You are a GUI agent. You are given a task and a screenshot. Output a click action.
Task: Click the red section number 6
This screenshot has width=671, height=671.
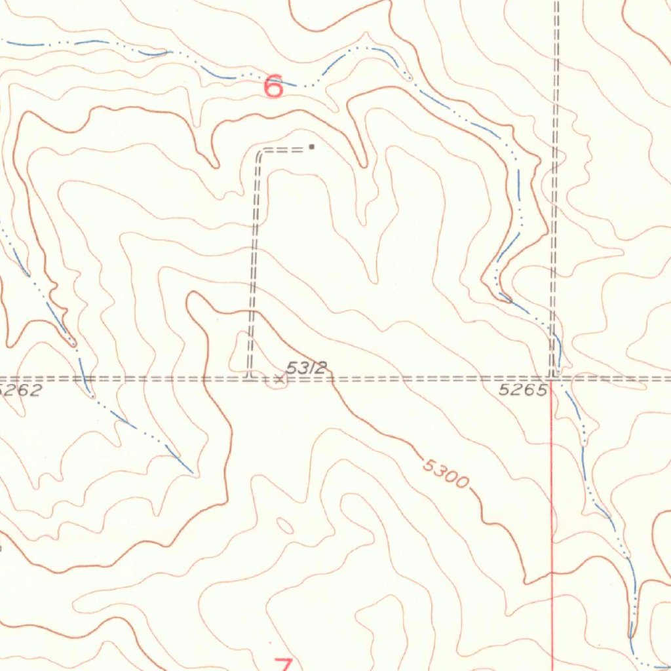pos(273,86)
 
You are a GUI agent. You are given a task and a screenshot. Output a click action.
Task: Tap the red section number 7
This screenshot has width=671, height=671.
pos(282,663)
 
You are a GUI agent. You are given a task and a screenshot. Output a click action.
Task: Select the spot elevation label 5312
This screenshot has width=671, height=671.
pos(306,368)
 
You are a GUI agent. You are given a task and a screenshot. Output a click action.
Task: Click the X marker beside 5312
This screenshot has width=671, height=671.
pos(280,378)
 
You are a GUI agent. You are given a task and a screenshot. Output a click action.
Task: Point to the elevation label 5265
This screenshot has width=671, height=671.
pos(522,391)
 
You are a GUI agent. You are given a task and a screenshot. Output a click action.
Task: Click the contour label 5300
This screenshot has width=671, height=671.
pos(446,474)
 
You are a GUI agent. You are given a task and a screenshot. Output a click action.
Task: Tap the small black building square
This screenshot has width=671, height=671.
pos(312,147)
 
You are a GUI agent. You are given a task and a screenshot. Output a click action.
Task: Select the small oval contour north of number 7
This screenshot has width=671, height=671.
pos(285,525)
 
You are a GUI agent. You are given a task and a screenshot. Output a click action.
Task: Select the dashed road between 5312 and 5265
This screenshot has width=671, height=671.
pos(426,378)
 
